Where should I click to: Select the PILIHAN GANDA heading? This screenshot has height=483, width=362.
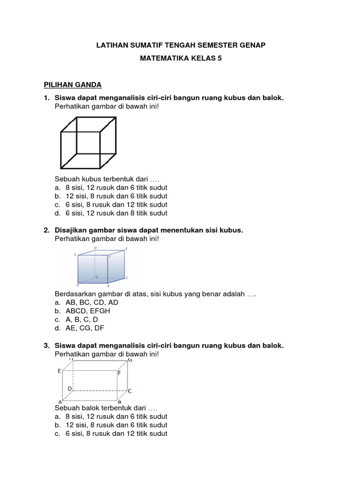click(x=73, y=85)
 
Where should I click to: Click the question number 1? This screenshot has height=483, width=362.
click(x=46, y=98)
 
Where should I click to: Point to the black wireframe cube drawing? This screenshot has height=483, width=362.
click(x=88, y=143)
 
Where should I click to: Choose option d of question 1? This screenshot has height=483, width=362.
click(x=58, y=213)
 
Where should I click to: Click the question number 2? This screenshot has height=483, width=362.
click(x=46, y=230)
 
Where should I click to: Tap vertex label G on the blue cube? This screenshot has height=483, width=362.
click(x=75, y=255)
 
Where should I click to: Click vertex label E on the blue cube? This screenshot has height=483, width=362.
click(x=126, y=249)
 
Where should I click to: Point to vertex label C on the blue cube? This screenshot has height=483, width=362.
click(x=127, y=278)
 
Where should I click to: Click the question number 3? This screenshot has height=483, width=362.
click(x=46, y=346)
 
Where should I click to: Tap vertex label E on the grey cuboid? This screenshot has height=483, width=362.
click(x=59, y=371)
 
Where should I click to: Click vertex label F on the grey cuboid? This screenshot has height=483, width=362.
click(x=119, y=373)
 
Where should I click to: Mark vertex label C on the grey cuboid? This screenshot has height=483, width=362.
click(x=130, y=391)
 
